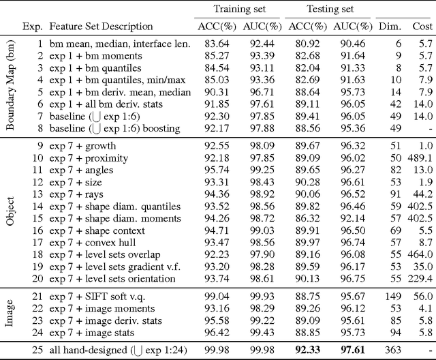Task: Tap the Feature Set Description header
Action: point(101,27)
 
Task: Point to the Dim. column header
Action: point(392,27)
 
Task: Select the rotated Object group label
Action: point(11,212)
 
